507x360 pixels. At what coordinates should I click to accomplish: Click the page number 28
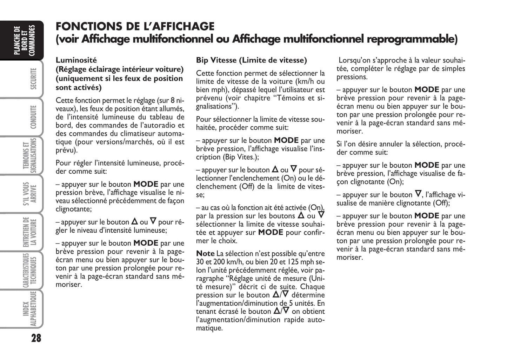pyautogui.click(x=36, y=339)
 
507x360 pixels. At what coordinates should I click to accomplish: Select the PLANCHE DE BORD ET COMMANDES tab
pyautogui.click(x=25, y=41)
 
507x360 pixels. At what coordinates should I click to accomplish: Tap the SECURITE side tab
pyautogui.click(x=33, y=79)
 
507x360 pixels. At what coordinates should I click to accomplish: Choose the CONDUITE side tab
pyautogui.click(x=33, y=117)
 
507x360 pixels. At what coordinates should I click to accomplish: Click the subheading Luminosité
pyautogui.click(x=76, y=60)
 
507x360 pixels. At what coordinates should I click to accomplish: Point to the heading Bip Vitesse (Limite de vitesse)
pyautogui.click(x=251, y=60)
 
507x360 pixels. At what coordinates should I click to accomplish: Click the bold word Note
pyautogui.click(x=205, y=253)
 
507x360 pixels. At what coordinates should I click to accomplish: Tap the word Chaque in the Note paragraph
pyautogui.click(x=312, y=287)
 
